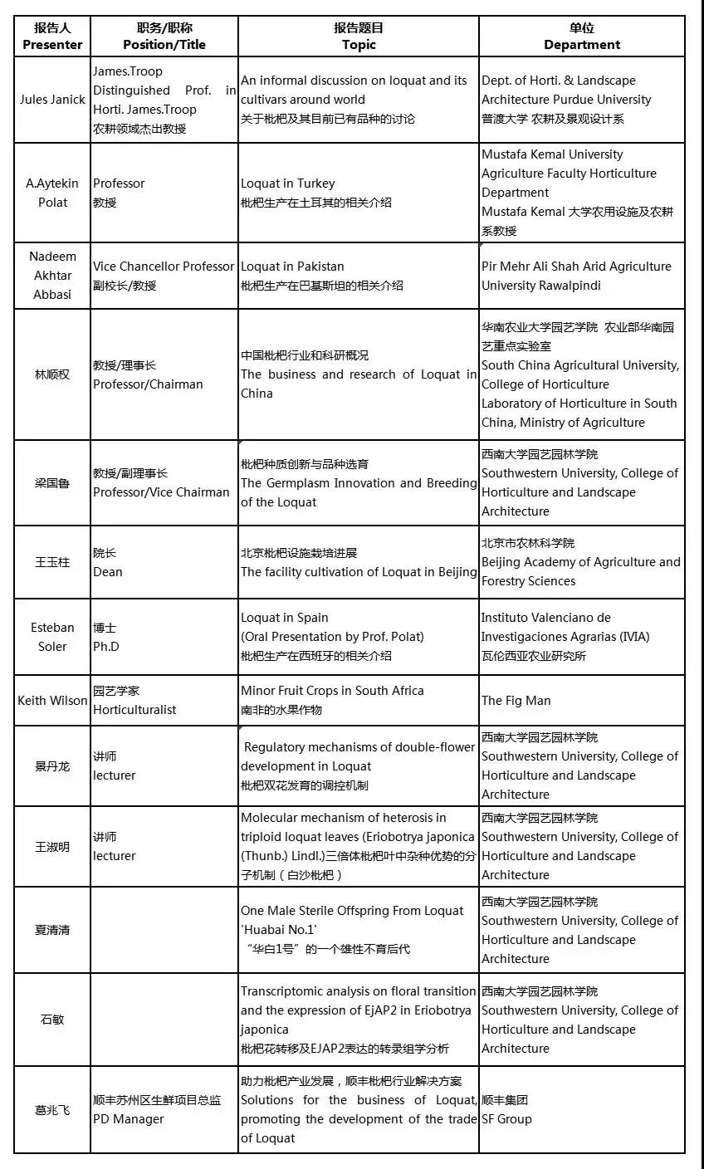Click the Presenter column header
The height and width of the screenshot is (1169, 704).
52,37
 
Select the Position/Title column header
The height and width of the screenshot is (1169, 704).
164,37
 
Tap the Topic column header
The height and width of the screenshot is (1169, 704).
358,37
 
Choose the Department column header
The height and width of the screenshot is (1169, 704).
582,37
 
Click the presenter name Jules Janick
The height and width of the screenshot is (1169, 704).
52,100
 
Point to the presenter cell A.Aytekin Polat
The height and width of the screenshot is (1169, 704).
52,193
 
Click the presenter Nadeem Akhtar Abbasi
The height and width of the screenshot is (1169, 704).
52,276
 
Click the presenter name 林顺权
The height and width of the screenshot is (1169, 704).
52,374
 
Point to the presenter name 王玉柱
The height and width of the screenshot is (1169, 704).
52,562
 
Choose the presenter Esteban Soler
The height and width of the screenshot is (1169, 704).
52,637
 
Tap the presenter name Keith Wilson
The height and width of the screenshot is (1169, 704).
52,701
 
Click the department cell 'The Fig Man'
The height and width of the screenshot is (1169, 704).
516,701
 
